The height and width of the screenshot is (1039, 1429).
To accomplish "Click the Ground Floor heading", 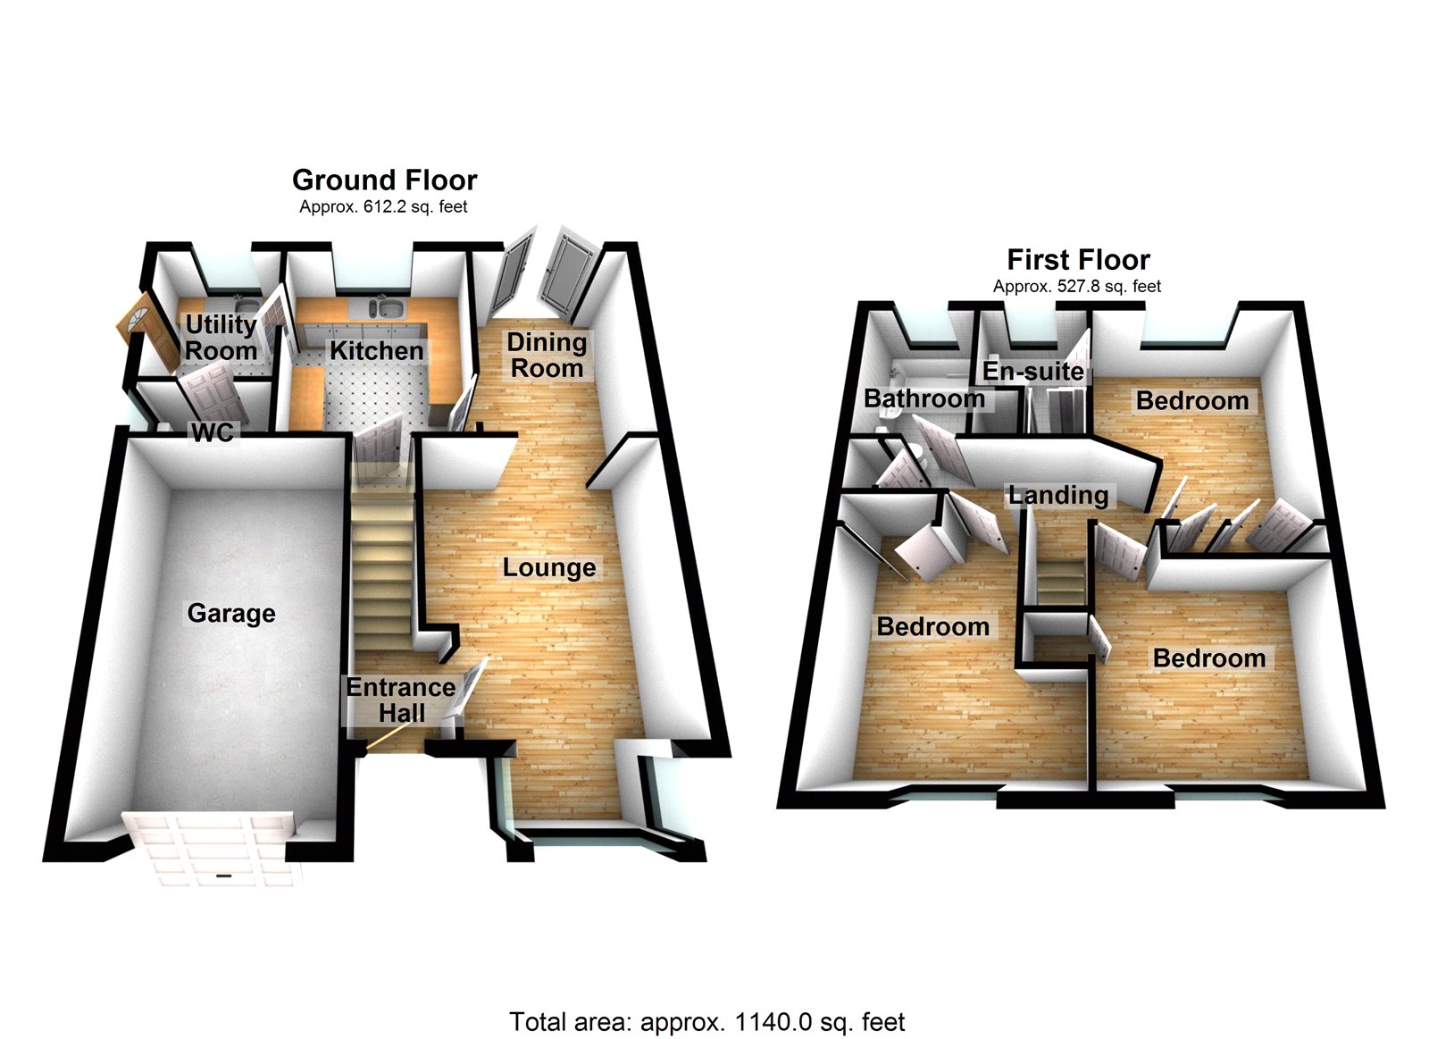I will click(384, 180).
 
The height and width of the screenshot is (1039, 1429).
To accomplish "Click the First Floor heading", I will click(1078, 260).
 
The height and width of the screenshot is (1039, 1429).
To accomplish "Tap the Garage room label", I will click(231, 613).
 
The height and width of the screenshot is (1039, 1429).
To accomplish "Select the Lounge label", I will click(548, 567).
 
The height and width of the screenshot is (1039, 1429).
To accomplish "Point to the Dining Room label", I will click(547, 355).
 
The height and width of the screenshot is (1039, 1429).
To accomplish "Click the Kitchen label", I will click(376, 351).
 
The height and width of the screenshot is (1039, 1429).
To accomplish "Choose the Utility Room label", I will click(221, 337).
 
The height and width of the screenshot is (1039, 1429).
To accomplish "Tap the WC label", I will click(213, 433).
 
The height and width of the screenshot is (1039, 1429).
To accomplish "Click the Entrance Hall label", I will click(401, 700).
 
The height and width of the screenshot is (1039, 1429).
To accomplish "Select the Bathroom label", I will click(923, 398).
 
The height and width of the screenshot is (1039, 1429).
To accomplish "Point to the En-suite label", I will click(1033, 371).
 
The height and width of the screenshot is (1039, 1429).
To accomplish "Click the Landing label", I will click(1058, 495).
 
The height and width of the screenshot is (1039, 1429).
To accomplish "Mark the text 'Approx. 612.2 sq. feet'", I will click(383, 207).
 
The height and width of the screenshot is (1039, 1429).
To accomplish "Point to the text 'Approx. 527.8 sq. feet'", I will click(1077, 287).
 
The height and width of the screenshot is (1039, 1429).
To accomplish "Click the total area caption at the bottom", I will click(706, 1022).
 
